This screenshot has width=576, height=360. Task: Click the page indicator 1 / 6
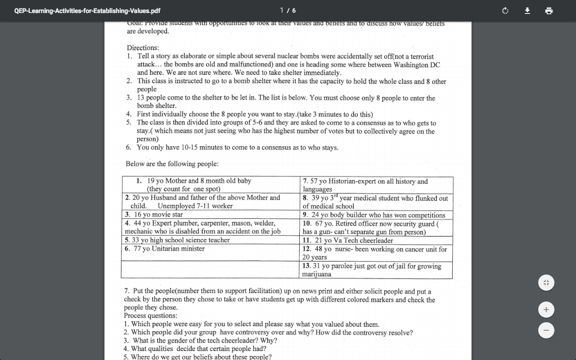coord(287,11)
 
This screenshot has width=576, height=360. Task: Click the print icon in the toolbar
coord(548,11)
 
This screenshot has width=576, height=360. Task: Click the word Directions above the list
coord(142,48)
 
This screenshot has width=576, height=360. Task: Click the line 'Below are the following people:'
coord(172,164)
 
